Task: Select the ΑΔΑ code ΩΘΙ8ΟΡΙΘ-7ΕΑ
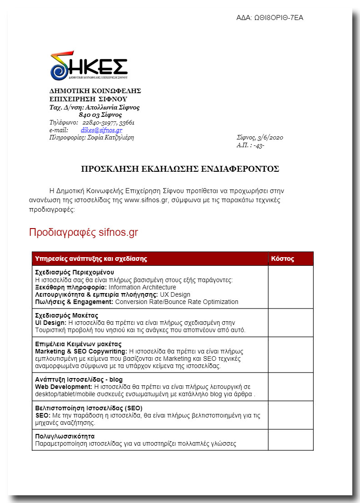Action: coord(278,18)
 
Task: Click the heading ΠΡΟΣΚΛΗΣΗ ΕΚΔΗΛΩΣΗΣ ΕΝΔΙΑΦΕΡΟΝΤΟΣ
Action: coord(180,169)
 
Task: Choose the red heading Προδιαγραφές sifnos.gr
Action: coord(84,233)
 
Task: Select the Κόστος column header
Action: coord(282,259)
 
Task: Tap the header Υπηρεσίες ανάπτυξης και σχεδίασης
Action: coord(91,259)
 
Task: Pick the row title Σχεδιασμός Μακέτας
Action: coord(66,315)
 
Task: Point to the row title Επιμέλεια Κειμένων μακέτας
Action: coord(78,344)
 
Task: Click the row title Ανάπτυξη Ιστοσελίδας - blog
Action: coord(79,379)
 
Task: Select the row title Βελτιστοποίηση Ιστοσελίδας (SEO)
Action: coord(89,408)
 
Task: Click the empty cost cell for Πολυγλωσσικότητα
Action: coord(291,439)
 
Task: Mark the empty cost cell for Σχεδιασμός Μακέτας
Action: coord(291,323)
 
